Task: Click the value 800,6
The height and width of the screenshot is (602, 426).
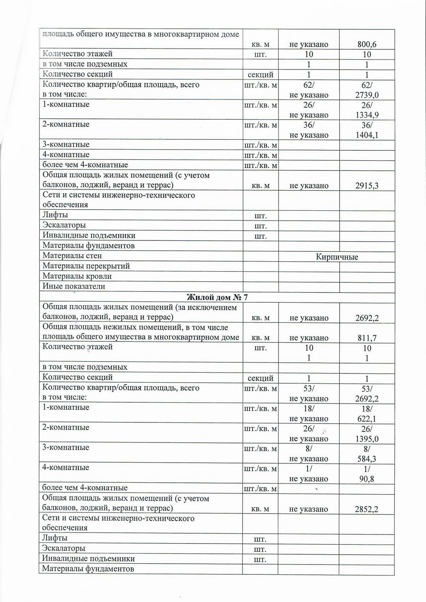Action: (x=367, y=45)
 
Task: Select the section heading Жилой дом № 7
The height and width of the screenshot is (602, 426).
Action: (x=217, y=297)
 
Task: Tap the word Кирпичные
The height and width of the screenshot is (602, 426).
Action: (x=337, y=257)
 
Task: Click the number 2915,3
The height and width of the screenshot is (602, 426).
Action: (x=367, y=186)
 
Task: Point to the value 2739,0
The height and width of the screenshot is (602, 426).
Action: (x=367, y=95)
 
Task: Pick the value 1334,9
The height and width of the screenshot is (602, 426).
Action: (x=367, y=115)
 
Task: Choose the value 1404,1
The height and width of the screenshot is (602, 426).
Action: (x=367, y=135)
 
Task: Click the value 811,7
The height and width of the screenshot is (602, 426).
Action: (x=367, y=338)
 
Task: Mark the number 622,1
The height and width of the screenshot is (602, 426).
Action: (x=367, y=419)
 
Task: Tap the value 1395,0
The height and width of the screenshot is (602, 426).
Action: (x=367, y=439)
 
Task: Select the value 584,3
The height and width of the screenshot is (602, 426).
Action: (x=367, y=459)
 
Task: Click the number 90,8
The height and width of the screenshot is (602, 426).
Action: (x=367, y=479)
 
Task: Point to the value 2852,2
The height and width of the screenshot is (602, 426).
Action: (x=366, y=509)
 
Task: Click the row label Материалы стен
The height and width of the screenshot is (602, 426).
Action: (x=72, y=256)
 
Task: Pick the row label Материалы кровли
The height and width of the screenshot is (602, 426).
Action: (x=77, y=276)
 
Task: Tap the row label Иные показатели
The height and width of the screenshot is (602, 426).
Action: (x=74, y=287)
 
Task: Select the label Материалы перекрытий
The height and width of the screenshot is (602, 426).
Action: (x=86, y=266)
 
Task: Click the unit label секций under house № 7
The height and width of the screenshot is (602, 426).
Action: (x=260, y=378)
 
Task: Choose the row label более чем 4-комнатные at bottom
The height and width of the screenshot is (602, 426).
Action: (x=85, y=488)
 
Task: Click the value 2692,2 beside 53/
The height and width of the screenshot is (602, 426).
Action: (x=367, y=399)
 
